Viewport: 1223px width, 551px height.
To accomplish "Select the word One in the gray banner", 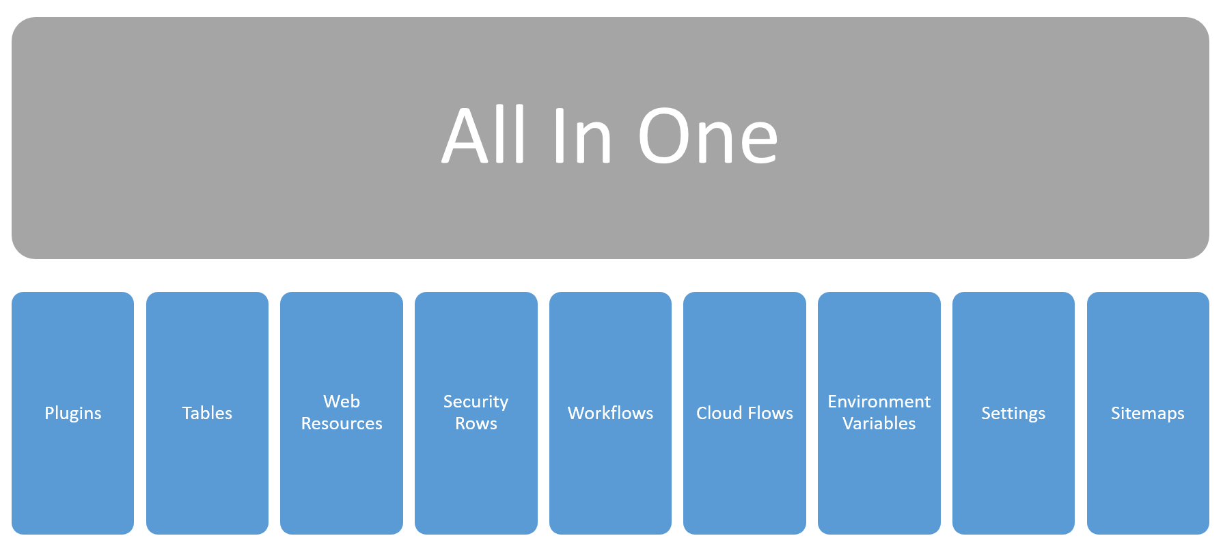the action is coord(708,136).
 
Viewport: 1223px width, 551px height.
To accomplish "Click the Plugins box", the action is coord(73,413).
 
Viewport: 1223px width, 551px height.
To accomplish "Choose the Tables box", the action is coord(207,413).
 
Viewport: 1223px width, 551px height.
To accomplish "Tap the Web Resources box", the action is coord(342,413).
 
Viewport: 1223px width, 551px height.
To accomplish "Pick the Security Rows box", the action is coord(476,413).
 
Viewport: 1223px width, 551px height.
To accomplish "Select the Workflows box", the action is coord(610,413).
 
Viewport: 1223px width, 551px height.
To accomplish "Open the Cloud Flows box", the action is coord(745,413).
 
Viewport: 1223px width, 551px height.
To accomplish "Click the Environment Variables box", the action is coord(879,413).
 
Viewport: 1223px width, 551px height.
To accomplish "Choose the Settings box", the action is coord(1013,413).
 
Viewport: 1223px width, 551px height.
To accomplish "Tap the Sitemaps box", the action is coord(1148,413).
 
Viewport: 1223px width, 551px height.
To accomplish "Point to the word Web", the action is coord(342,401).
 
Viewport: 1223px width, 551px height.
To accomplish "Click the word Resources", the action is coord(342,424).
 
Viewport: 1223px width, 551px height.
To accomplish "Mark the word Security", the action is coord(476,402).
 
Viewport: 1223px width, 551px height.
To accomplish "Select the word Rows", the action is coord(476,424).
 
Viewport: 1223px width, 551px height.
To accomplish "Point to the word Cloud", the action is coord(719,413).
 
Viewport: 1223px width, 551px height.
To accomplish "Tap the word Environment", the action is coord(879,401).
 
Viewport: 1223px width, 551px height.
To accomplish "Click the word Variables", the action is coord(879,424).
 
